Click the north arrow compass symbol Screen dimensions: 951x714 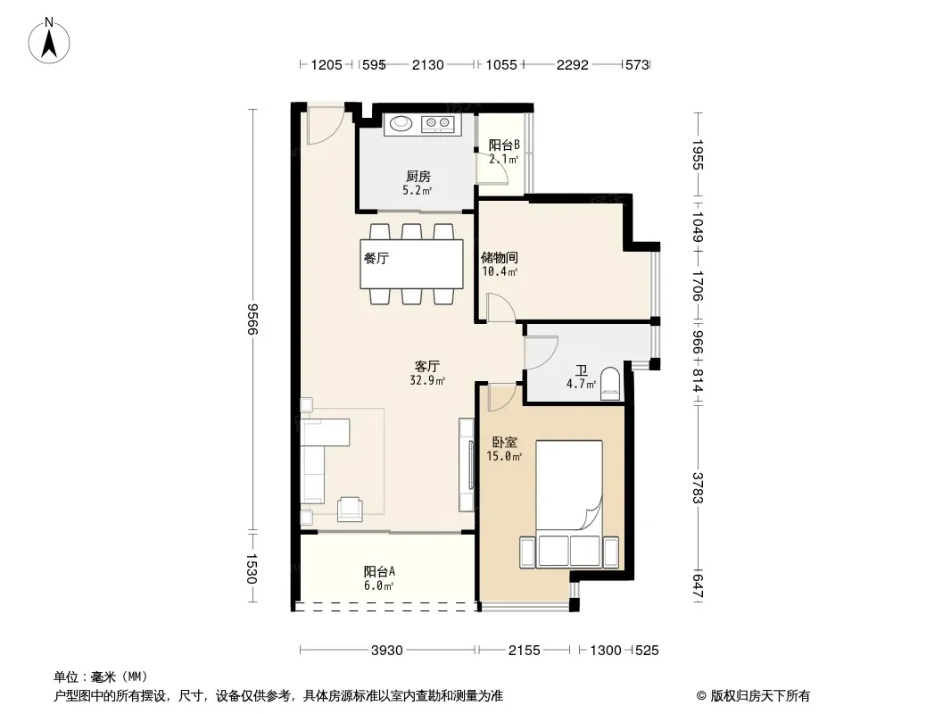49,41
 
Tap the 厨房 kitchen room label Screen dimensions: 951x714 418,177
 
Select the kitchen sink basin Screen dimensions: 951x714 401,124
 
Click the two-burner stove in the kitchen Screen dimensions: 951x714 438,124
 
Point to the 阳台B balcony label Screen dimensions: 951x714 504,145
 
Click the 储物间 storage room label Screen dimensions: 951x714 500,258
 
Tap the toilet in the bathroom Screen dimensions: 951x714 610,384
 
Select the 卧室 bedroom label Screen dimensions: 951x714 505,443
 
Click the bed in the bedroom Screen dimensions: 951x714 569,504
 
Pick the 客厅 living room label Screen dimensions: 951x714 427,367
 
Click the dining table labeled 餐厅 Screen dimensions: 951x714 412,264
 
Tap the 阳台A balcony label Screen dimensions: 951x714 380,571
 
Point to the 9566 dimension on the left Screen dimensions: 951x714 252,320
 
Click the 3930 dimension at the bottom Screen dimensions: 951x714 387,651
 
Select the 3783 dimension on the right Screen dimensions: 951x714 698,487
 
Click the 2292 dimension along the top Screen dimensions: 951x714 573,65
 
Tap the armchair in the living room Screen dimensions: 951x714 350,509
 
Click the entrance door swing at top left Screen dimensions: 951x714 325,128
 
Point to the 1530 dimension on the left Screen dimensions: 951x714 252,569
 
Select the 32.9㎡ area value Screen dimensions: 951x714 427,381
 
